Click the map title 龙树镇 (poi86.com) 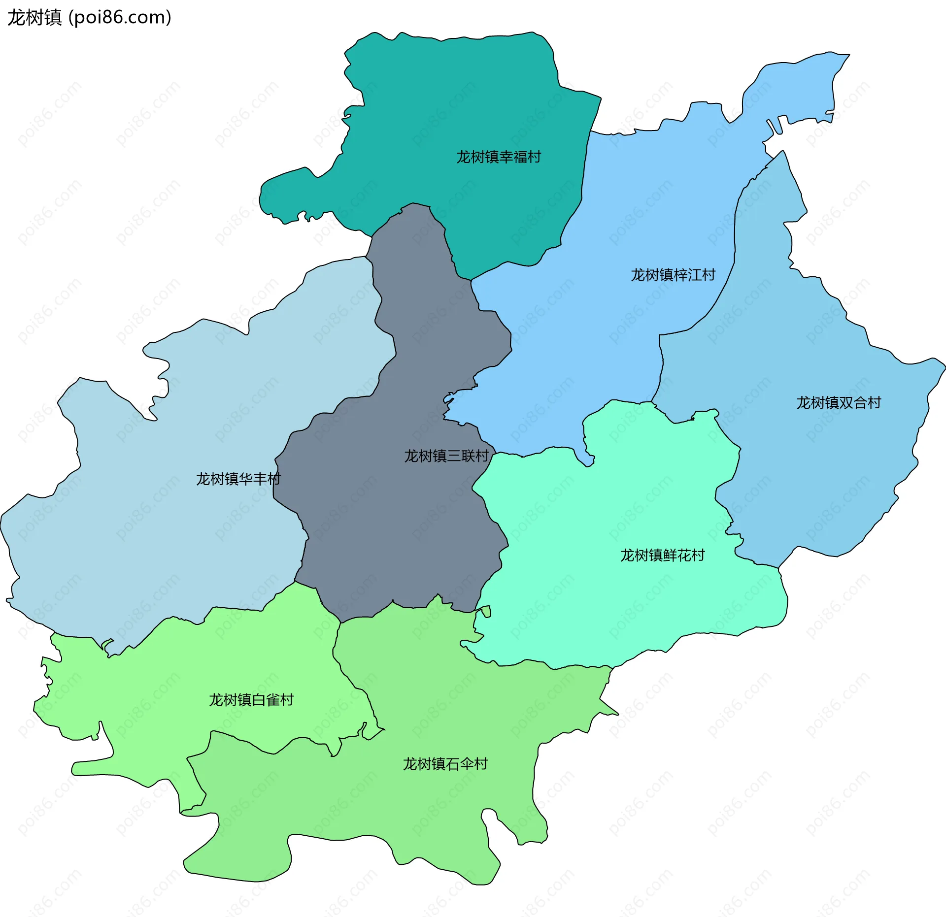tap(89, 18)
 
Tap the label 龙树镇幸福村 tap(499, 157)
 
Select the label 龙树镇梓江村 tap(673, 275)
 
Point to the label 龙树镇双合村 tap(839, 403)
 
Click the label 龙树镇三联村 tap(446, 456)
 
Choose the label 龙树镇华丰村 tap(238, 479)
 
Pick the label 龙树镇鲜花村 tap(662, 556)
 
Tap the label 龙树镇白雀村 tap(251, 700)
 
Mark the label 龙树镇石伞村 tap(445, 764)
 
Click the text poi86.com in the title tap(120, 18)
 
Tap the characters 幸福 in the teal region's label tap(513, 157)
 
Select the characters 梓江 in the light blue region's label tap(687, 275)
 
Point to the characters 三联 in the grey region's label tap(461, 456)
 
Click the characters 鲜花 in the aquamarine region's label tap(676, 556)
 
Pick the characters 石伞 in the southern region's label tap(459, 764)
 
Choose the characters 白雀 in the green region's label tap(266, 700)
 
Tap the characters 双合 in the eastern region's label tap(853, 403)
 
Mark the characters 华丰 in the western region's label tap(253, 479)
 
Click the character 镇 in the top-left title tap(53, 18)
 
